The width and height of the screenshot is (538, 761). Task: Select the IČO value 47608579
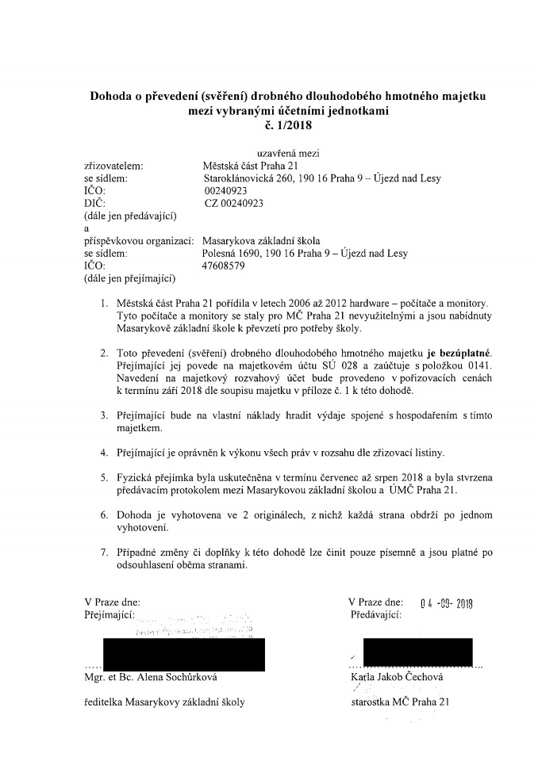[225, 266]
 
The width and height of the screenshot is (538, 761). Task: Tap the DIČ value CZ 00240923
[233, 203]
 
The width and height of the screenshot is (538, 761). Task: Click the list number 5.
[103, 480]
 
